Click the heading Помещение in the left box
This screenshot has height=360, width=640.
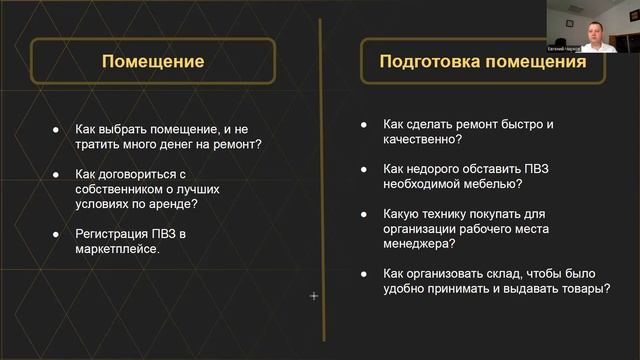153,61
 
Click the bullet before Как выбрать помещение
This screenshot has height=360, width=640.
54,129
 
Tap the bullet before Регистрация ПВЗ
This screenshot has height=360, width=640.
54,233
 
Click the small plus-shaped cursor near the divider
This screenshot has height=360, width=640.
314,296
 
